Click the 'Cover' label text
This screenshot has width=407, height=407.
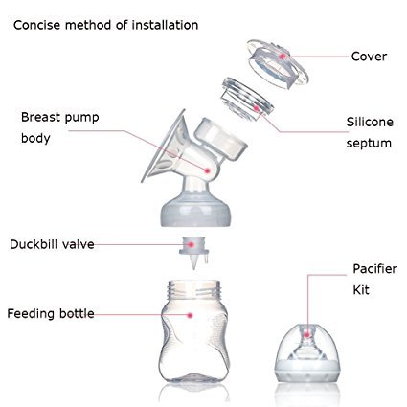369,57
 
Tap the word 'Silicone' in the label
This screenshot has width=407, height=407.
370,122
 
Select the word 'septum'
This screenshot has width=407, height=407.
369,144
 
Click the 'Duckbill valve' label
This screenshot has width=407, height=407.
52,244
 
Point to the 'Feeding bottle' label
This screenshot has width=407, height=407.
51,314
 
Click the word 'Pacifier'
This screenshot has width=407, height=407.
374,269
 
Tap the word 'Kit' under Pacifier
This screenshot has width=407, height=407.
361,290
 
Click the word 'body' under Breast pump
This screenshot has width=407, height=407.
35,139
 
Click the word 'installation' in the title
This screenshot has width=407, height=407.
165,25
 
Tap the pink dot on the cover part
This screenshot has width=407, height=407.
282,57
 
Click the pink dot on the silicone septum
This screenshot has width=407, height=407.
256,108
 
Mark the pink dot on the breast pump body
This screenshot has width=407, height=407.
207,171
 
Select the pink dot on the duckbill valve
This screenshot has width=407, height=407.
191,245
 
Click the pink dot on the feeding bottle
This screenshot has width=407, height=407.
191,315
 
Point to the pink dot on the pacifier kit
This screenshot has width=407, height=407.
306,335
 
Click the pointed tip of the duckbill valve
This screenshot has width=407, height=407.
194,269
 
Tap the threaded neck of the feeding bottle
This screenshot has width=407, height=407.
194,289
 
